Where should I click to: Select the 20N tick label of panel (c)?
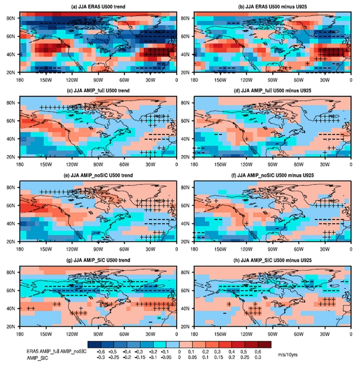tap(10, 157)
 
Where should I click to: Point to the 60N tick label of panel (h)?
tap(185, 290)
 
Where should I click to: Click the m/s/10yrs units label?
tap(290, 354)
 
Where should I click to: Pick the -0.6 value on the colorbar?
tap(102, 350)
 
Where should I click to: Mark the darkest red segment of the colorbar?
tap(264, 344)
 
